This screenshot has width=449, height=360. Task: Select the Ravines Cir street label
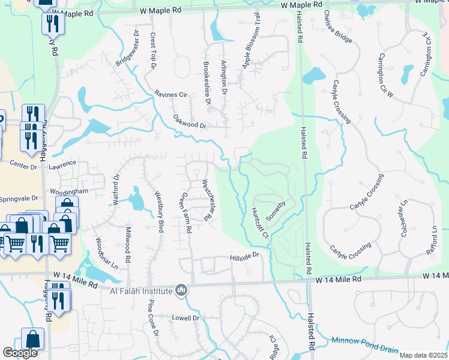tap(171, 94)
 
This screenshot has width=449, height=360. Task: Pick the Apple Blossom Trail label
tap(251, 41)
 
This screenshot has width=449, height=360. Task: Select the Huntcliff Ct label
tap(259, 221)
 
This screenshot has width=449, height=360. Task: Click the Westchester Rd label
tap(208, 200)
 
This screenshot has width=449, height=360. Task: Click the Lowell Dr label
tap(185, 317)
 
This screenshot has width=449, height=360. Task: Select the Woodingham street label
tap(69, 191)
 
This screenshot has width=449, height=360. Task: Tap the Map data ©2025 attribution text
tap(423, 355)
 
